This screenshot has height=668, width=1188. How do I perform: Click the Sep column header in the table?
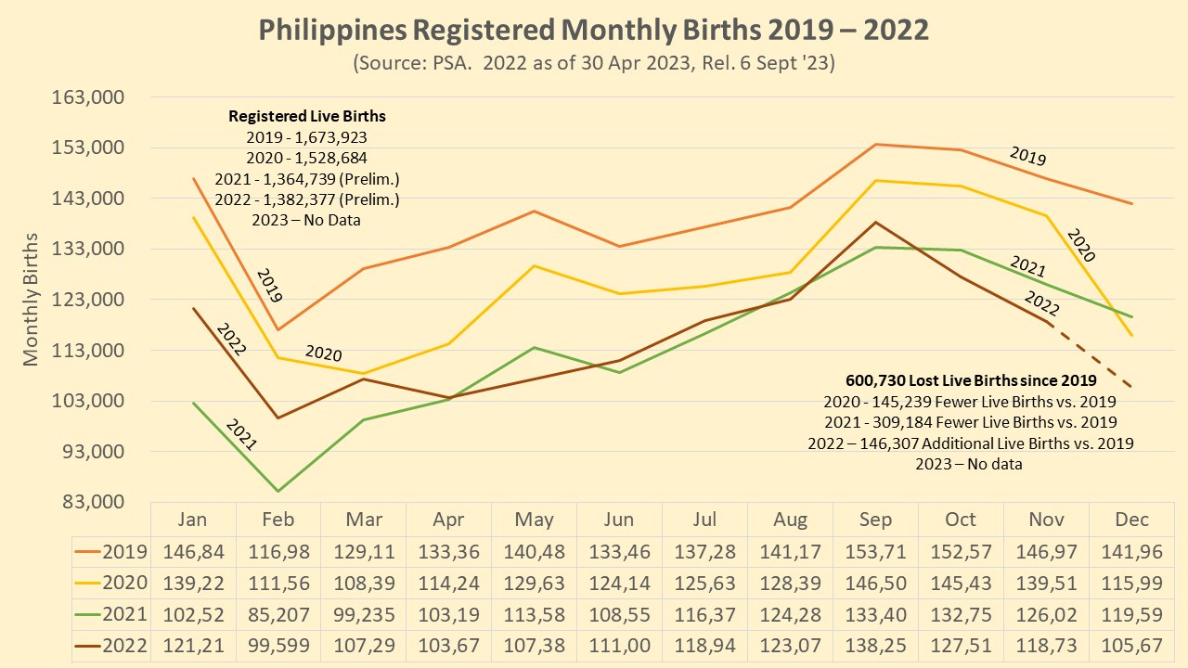(x=875, y=520)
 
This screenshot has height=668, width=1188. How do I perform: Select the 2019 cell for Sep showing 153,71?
(x=875, y=552)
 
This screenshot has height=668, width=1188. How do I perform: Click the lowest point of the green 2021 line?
(x=278, y=491)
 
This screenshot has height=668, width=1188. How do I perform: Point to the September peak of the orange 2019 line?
(x=875, y=144)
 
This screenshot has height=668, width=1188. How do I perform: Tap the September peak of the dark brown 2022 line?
(x=875, y=222)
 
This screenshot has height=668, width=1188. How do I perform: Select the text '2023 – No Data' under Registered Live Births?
(x=306, y=221)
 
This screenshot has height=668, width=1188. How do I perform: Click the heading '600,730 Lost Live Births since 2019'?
(x=971, y=380)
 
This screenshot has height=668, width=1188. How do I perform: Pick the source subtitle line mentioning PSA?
(x=593, y=64)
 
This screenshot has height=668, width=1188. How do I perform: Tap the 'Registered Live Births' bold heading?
(x=307, y=117)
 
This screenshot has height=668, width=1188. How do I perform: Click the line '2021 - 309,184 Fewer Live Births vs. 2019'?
(x=970, y=422)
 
